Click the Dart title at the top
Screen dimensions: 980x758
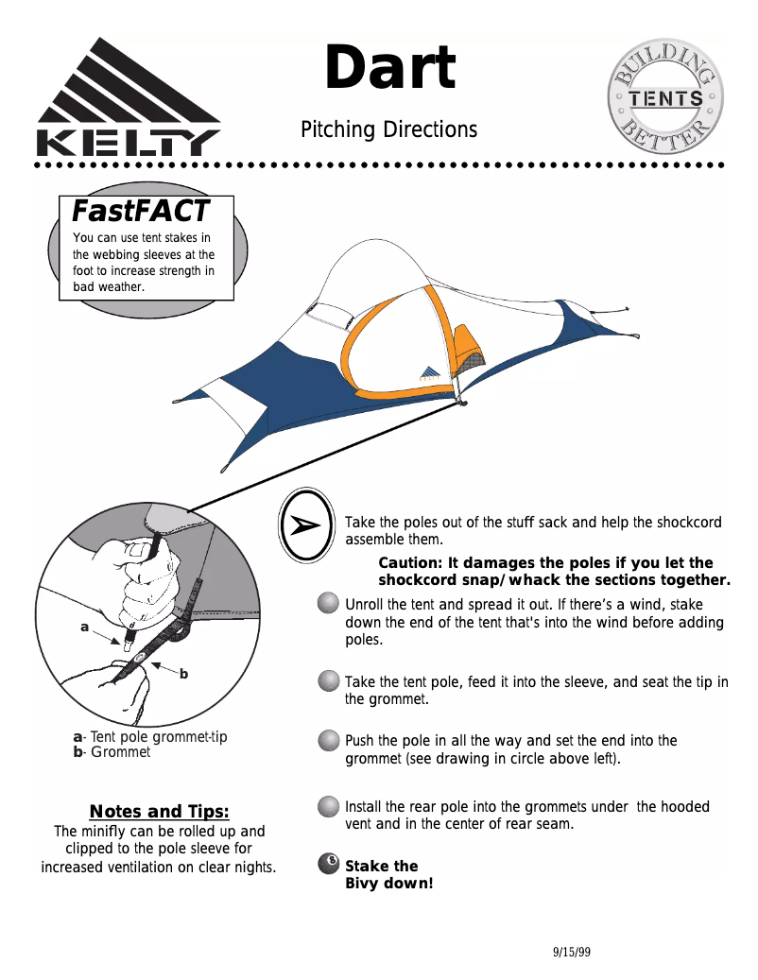point(389,69)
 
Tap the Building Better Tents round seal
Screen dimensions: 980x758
point(665,98)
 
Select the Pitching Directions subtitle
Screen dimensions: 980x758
point(388,129)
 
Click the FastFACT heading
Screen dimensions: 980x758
point(140,209)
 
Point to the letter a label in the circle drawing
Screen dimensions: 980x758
point(84,626)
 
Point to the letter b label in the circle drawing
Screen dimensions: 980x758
point(183,674)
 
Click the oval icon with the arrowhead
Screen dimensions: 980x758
point(307,525)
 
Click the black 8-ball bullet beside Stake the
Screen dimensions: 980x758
point(328,864)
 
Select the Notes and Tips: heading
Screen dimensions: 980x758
point(159,811)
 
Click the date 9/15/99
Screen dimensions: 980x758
point(571,952)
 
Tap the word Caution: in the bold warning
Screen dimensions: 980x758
point(411,563)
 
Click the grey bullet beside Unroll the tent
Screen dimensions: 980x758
point(328,604)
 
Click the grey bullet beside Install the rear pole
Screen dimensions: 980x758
point(328,807)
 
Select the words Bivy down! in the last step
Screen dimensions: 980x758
point(388,885)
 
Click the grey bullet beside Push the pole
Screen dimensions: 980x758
point(328,740)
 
